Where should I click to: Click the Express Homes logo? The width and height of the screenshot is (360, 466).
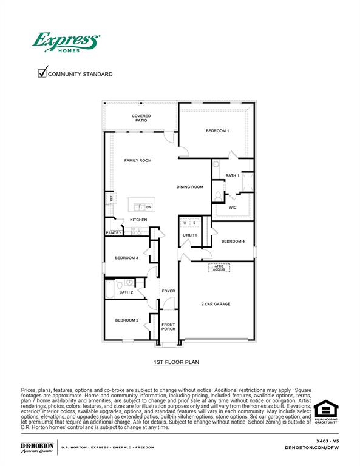(x=65, y=43)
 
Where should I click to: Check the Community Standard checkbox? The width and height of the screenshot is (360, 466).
(x=42, y=73)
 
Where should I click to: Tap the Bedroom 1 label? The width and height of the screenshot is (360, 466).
(x=217, y=131)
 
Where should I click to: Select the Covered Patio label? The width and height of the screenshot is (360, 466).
(x=141, y=118)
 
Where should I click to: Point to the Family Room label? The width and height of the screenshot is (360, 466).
(x=138, y=160)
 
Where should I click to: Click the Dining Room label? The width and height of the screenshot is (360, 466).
(x=189, y=187)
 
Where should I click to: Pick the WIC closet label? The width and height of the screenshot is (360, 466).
(x=232, y=208)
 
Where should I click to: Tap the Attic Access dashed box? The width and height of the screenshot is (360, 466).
(x=219, y=268)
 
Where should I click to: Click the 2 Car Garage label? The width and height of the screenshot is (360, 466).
(x=216, y=304)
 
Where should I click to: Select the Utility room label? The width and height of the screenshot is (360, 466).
(x=190, y=235)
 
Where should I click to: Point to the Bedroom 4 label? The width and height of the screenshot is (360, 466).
(x=233, y=241)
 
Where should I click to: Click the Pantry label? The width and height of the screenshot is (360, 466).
(x=114, y=232)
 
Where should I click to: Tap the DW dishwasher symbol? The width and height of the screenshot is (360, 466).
(x=148, y=207)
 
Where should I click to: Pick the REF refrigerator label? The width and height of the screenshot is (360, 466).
(x=111, y=198)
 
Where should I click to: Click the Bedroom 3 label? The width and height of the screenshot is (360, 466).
(x=127, y=258)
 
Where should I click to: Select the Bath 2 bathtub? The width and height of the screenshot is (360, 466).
(x=110, y=289)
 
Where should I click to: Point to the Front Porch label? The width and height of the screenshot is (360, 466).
(x=168, y=326)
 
